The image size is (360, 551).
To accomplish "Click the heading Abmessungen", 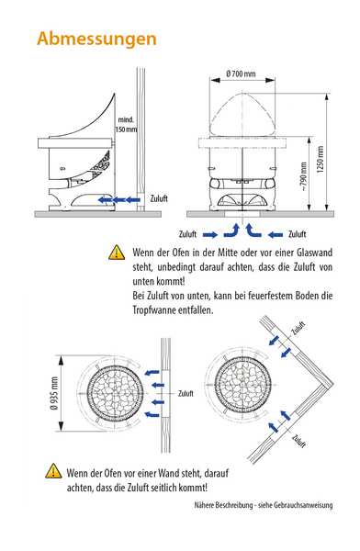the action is pos(96,39).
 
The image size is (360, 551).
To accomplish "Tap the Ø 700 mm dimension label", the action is pos(241,73).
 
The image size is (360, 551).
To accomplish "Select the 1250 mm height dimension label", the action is pos(320,160).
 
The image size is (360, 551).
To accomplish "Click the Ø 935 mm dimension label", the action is pos(54,393).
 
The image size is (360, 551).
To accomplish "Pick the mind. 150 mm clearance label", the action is pos(126,124).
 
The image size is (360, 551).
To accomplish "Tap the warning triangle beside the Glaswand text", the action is pos(117,253).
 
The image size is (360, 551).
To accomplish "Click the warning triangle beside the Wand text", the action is pos(53,471).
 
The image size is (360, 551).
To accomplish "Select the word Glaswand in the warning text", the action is pos(315,253).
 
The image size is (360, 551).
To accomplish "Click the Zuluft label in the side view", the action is pos(159,198).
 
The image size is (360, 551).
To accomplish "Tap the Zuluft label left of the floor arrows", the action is pos(187,234).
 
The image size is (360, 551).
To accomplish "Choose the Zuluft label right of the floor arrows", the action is pos(297,234).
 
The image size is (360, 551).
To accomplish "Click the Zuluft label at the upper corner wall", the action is pos(298,328).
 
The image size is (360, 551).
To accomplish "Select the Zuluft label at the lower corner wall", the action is pos(298,441).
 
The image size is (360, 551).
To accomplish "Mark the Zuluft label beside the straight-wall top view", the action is pos(186,394).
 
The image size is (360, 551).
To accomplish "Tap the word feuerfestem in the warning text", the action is pos(271,296).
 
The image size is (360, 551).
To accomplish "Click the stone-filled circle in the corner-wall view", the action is pos(243,385).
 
